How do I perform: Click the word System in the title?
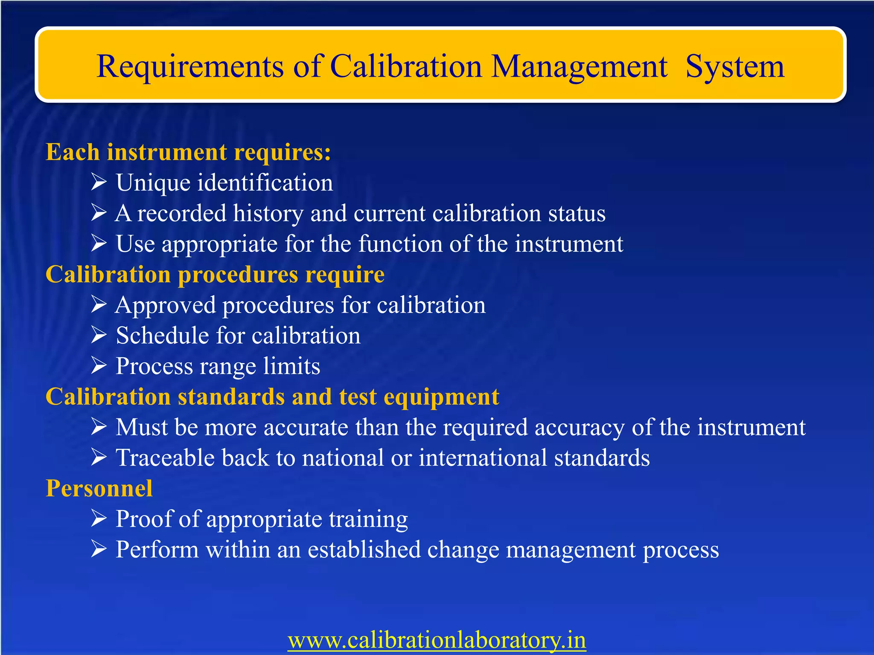(x=735, y=67)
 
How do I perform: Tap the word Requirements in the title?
(x=190, y=67)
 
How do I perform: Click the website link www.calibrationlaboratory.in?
(x=437, y=640)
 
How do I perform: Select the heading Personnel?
(x=99, y=488)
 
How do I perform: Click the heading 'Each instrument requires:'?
(x=188, y=152)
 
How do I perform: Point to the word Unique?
(x=153, y=183)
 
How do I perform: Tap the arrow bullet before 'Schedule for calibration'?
(x=99, y=335)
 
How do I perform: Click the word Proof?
(x=143, y=519)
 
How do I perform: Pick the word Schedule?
(x=162, y=336)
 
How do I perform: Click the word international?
(x=483, y=458)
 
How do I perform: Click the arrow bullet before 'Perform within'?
(x=99, y=549)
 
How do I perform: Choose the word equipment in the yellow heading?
(x=441, y=397)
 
